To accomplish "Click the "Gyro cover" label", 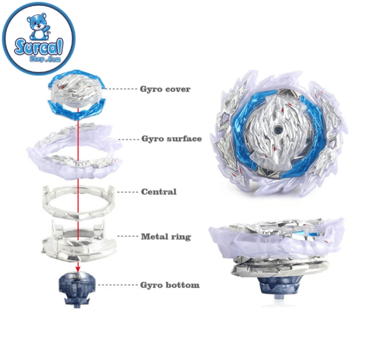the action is (165, 89).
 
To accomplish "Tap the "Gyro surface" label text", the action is (172, 139).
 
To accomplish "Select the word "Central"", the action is (159, 192).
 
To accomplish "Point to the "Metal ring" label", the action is (166, 236).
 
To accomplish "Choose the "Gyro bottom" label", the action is (170, 285).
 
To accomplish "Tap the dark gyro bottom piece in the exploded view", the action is (77, 289).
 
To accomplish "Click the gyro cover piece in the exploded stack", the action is (77, 95).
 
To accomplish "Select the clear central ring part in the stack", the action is (78, 203).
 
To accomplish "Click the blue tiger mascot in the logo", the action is (39, 26).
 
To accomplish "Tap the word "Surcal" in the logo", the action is (39, 48).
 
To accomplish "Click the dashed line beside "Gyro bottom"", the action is (118, 285).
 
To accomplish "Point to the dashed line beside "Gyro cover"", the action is (121, 89).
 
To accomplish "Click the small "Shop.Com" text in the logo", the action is (45, 58).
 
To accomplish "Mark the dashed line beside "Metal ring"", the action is (128, 236).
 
